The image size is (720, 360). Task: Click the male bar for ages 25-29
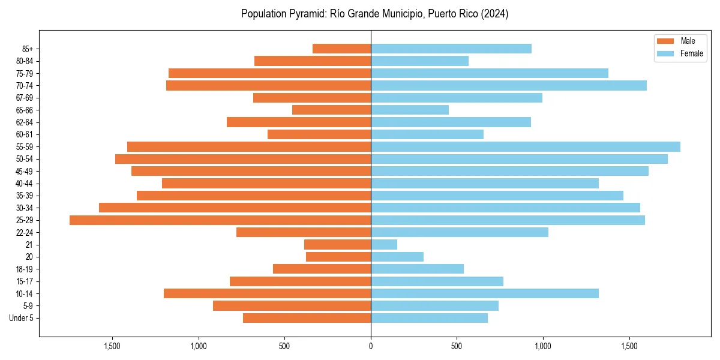point(220,220)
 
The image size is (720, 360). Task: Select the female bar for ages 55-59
point(526,147)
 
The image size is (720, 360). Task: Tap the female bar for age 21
point(384,245)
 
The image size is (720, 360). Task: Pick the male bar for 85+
point(341,49)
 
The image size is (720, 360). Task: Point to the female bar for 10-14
point(485,293)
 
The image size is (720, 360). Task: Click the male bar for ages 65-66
point(331,110)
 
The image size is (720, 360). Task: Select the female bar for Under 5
point(429,318)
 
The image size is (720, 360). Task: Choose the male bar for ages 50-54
point(243,159)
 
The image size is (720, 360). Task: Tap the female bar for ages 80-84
point(419,61)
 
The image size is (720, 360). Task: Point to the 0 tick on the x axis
point(371,346)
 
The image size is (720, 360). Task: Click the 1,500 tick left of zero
point(112,346)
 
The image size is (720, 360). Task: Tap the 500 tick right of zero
point(457,346)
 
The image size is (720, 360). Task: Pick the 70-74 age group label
point(25,86)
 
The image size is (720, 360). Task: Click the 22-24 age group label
point(25,233)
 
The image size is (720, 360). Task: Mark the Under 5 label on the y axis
point(22,318)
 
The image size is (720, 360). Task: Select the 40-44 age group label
point(25,184)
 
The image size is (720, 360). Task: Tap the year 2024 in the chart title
point(496,14)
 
